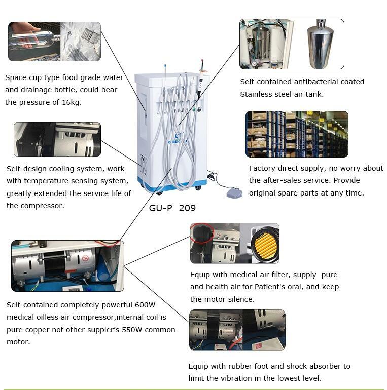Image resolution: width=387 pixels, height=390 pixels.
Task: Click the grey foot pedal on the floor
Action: [234, 193]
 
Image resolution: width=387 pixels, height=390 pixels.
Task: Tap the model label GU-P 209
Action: [172, 208]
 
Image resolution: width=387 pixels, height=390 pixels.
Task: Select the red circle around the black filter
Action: [202, 232]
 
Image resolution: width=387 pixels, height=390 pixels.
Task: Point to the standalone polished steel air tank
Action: [320, 44]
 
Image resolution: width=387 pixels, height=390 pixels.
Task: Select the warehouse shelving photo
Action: [297, 134]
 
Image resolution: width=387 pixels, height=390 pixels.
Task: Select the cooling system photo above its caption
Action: [57, 139]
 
